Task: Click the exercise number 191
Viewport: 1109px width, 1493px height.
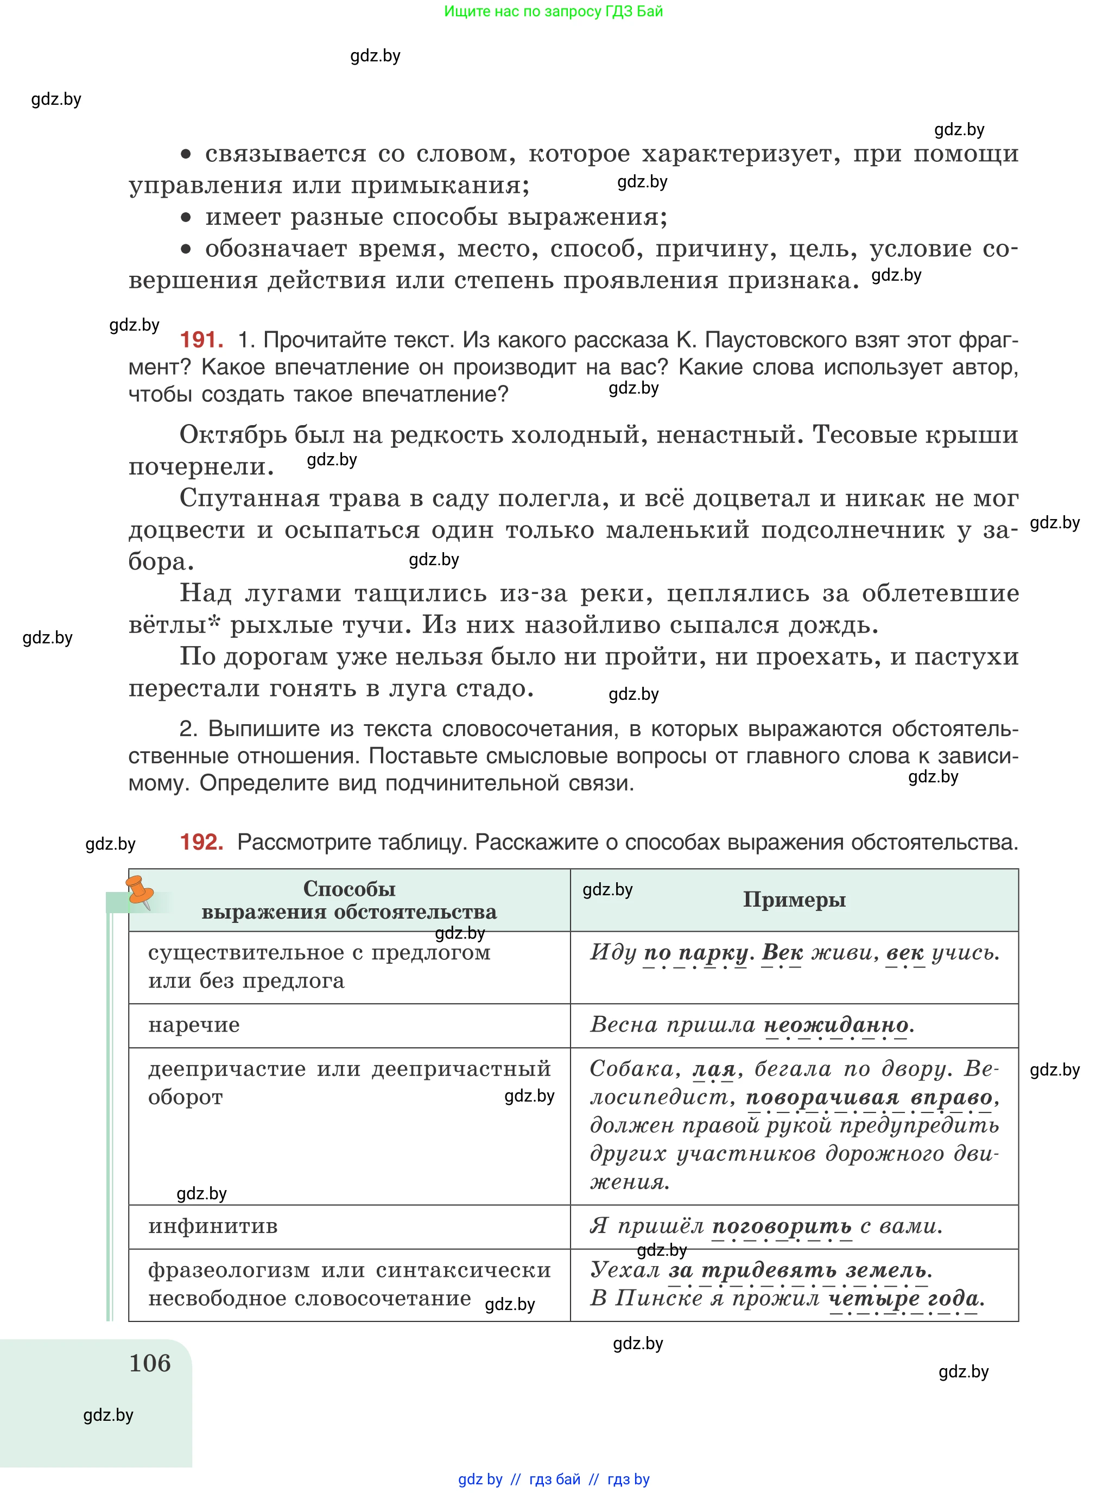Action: tap(201, 340)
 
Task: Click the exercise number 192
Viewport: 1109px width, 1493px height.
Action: tap(201, 842)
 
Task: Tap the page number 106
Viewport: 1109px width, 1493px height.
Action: tap(150, 1363)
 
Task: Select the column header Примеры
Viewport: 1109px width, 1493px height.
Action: tap(794, 900)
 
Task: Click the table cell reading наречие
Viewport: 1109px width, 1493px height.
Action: tap(194, 1025)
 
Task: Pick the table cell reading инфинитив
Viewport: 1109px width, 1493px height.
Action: tap(213, 1226)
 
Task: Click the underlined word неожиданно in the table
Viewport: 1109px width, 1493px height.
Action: tap(836, 1025)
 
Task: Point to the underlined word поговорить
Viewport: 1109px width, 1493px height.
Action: tap(781, 1226)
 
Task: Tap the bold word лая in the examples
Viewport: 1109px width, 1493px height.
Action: tap(714, 1069)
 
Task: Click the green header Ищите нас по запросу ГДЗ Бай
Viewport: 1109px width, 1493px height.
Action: tap(553, 11)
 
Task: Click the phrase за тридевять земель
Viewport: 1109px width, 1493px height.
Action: tap(799, 1270)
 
